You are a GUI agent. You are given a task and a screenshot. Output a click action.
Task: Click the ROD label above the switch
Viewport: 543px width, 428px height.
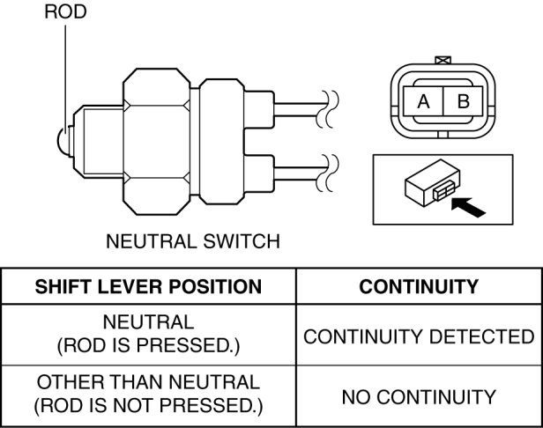[65, 11]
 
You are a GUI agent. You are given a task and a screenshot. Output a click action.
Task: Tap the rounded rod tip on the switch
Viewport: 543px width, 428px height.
[63, 141]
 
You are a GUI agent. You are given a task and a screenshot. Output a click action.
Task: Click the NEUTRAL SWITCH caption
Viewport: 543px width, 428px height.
[193, 241]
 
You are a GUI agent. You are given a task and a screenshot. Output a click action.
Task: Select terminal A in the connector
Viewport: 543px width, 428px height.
[423, 101]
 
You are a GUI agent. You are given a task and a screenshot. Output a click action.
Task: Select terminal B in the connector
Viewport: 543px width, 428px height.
[463, 101]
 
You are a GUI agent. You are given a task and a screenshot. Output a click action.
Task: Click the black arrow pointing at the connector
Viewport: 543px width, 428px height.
[468, 207]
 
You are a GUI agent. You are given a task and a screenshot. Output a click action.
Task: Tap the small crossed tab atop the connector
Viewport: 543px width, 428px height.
[443, 60]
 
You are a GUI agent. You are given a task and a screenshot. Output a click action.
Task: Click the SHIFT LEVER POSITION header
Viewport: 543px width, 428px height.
[148, 286]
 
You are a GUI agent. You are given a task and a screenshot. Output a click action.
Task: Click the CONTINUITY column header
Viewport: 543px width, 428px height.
[419, 286]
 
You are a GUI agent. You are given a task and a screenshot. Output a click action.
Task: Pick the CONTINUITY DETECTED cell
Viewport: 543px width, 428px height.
[419, 336]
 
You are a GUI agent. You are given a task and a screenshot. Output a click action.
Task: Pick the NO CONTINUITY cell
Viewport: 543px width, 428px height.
[419, 397]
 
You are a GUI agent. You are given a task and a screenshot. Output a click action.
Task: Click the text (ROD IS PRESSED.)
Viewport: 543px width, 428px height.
[149, 345]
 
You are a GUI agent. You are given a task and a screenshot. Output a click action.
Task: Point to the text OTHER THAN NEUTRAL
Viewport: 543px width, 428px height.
[149, 382]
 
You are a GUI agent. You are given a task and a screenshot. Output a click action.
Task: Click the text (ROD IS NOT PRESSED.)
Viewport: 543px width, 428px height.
[149, 405]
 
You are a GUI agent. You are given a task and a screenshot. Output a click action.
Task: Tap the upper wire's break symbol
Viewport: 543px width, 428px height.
[327, 109]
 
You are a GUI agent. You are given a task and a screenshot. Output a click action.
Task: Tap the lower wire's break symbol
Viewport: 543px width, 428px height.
[327, 173]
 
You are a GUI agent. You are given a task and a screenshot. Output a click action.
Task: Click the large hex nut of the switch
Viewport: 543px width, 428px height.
[157, 142]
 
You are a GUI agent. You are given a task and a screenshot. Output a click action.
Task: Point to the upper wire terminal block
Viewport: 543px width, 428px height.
[259, 110]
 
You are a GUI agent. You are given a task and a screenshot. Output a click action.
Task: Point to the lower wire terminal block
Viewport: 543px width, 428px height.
[259, 173]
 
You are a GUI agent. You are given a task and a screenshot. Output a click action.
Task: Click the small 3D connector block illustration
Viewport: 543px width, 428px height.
[432, 182]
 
